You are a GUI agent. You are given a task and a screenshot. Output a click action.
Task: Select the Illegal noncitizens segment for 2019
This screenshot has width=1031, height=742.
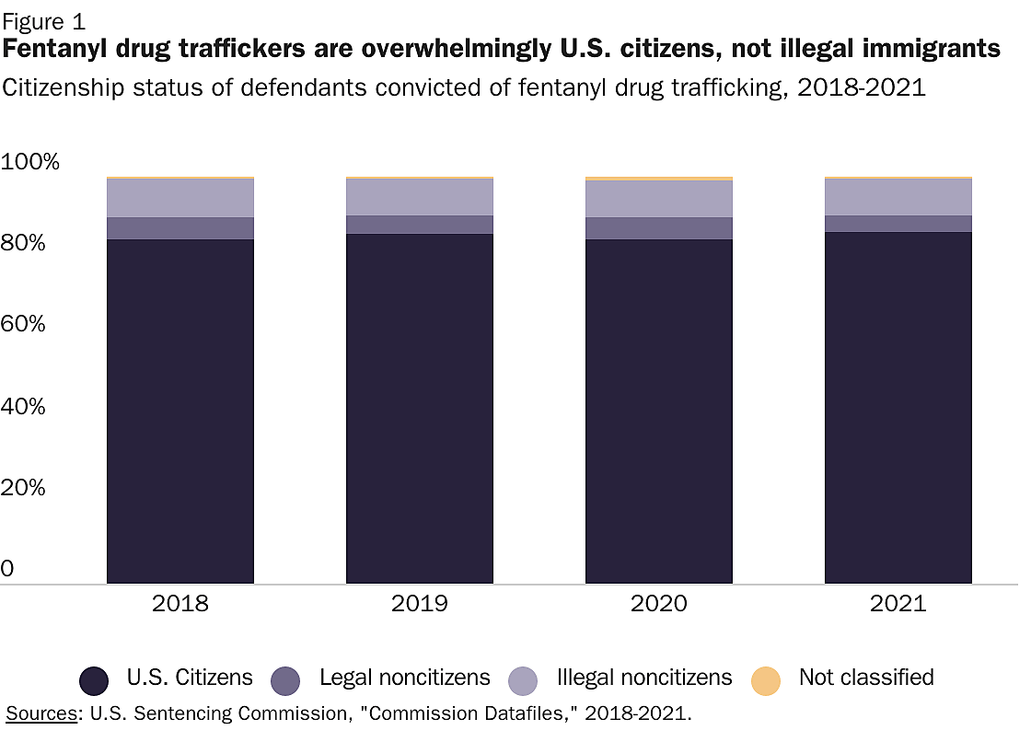pos(420,197)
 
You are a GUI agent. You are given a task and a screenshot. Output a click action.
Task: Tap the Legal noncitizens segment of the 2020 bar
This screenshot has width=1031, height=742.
pos(659,228)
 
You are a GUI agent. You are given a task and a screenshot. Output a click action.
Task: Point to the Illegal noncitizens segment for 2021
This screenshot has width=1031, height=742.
pos(898,197)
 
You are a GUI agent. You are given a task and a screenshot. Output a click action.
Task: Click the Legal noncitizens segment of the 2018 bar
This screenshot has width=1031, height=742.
pos(180,228)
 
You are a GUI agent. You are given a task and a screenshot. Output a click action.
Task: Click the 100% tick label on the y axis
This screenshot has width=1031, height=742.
pos(30,163)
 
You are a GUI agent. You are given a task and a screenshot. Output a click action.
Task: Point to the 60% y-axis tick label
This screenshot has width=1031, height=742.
pos(23,325)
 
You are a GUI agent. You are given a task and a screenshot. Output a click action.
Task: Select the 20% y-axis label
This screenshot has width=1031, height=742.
pos(23,488)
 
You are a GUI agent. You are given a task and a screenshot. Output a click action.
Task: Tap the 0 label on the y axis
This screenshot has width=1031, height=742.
pos(8,569)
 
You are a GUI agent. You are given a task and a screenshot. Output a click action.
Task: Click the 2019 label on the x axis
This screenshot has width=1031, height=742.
pos(420,605)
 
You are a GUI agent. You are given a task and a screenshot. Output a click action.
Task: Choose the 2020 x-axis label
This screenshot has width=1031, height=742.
pos(659,605)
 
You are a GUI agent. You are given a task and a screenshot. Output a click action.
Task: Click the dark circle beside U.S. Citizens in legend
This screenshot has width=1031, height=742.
pos(95,680)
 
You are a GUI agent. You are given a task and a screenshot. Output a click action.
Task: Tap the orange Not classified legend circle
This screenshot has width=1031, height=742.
pos(766,680)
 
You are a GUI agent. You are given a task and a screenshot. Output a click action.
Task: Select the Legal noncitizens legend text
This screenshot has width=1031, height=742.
pos(405,678)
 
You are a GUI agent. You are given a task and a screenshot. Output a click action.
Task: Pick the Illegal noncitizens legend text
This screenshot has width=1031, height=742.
pos(644,678)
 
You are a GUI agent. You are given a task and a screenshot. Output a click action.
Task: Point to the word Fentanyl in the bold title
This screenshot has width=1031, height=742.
pos(64,49)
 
